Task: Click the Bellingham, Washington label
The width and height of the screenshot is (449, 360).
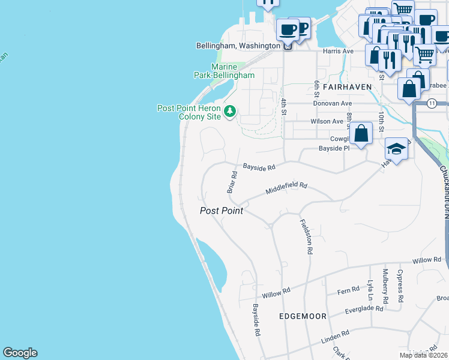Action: [238, 46]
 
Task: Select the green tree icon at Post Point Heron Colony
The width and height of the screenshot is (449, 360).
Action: [229, 111]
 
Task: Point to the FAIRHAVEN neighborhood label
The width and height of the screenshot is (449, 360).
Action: [345, 87]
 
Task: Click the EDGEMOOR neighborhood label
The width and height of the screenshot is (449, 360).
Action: [303, 316]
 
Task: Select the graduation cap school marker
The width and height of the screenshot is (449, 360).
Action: [396, 149]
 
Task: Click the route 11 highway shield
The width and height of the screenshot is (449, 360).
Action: [432, 103]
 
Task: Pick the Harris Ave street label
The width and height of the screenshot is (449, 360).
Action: [339, 52]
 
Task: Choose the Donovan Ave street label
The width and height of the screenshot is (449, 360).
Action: [332, 103]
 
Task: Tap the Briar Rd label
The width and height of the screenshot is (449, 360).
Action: [232, 182]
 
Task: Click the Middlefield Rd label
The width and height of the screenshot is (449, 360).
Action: [286, 189]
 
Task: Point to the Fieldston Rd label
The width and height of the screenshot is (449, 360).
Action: [306, 236]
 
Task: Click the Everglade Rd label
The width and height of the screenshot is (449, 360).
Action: [364, 310]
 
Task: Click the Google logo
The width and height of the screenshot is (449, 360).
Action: [20, 353]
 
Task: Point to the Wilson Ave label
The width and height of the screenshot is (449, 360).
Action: [327, 121]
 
